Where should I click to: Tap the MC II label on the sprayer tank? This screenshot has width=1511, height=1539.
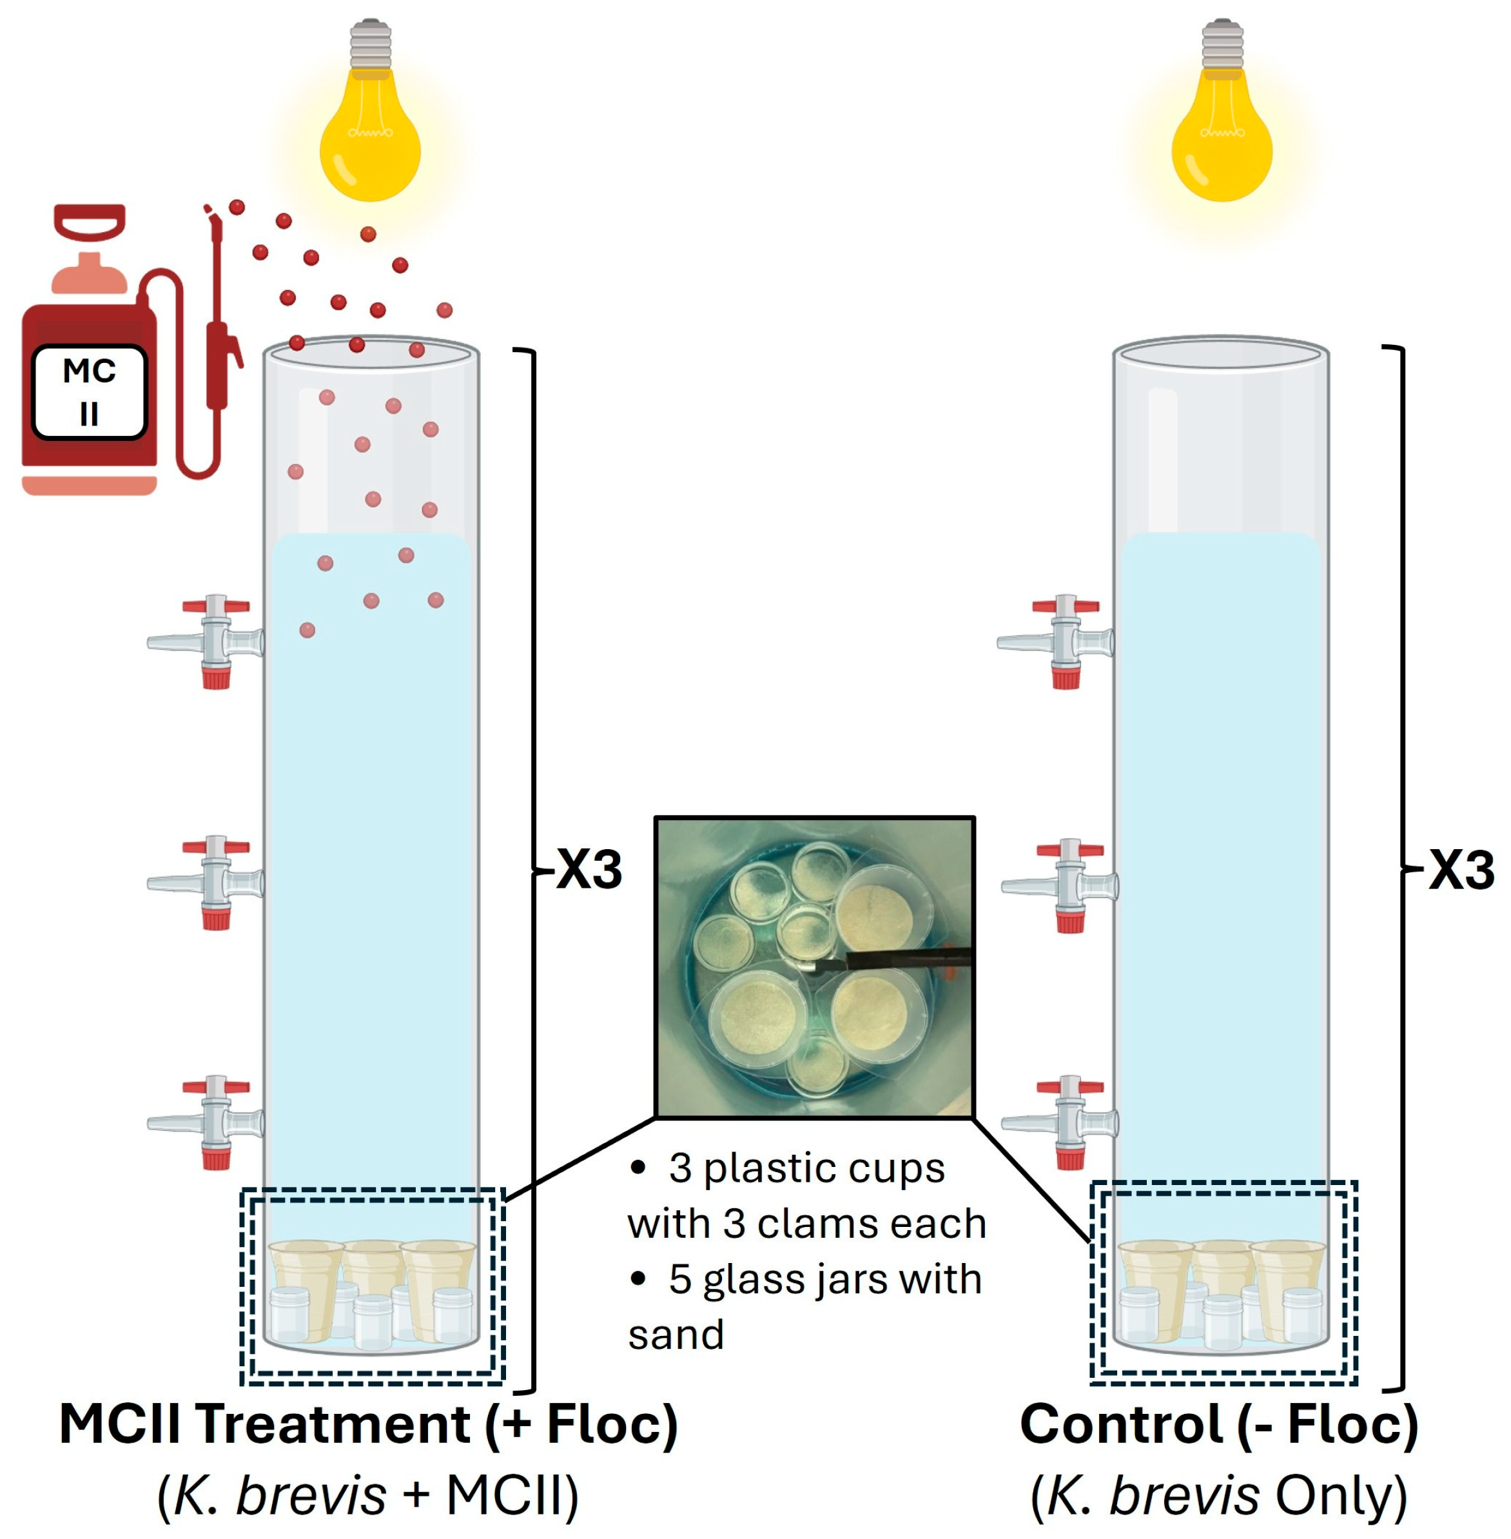(89, 391)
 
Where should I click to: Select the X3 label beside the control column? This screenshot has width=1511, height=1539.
(1461, 870)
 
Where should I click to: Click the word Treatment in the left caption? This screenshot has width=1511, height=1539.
(333, 1425)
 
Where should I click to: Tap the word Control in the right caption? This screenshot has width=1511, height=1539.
(1120, 1425)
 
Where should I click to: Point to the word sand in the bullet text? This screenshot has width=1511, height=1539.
(676, 1334)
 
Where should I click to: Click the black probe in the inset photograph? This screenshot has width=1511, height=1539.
(897, 961)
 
